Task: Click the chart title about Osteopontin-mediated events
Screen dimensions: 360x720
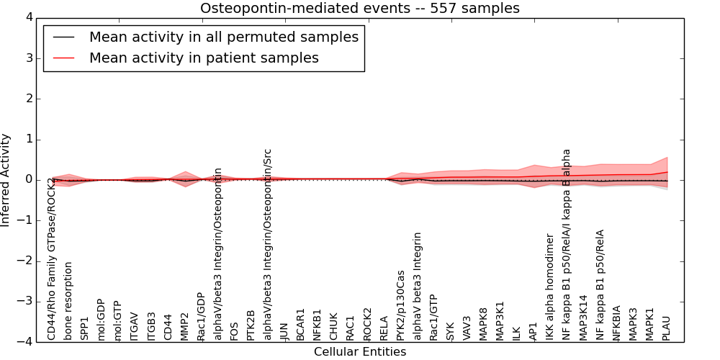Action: [359, 9]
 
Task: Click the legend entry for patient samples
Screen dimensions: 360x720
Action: [204, 58]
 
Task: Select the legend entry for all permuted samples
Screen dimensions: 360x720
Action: [223, 37]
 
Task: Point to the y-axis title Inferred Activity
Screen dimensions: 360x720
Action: [6, 180]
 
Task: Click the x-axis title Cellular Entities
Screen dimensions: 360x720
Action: [359, 352]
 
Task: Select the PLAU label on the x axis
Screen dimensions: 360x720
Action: [667, 327]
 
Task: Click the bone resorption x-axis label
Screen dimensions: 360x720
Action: [69, 300]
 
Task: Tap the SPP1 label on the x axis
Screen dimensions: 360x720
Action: [85, 328]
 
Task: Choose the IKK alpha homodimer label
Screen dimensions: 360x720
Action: [550, 287]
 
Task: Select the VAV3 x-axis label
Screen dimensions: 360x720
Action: [467, 327]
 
